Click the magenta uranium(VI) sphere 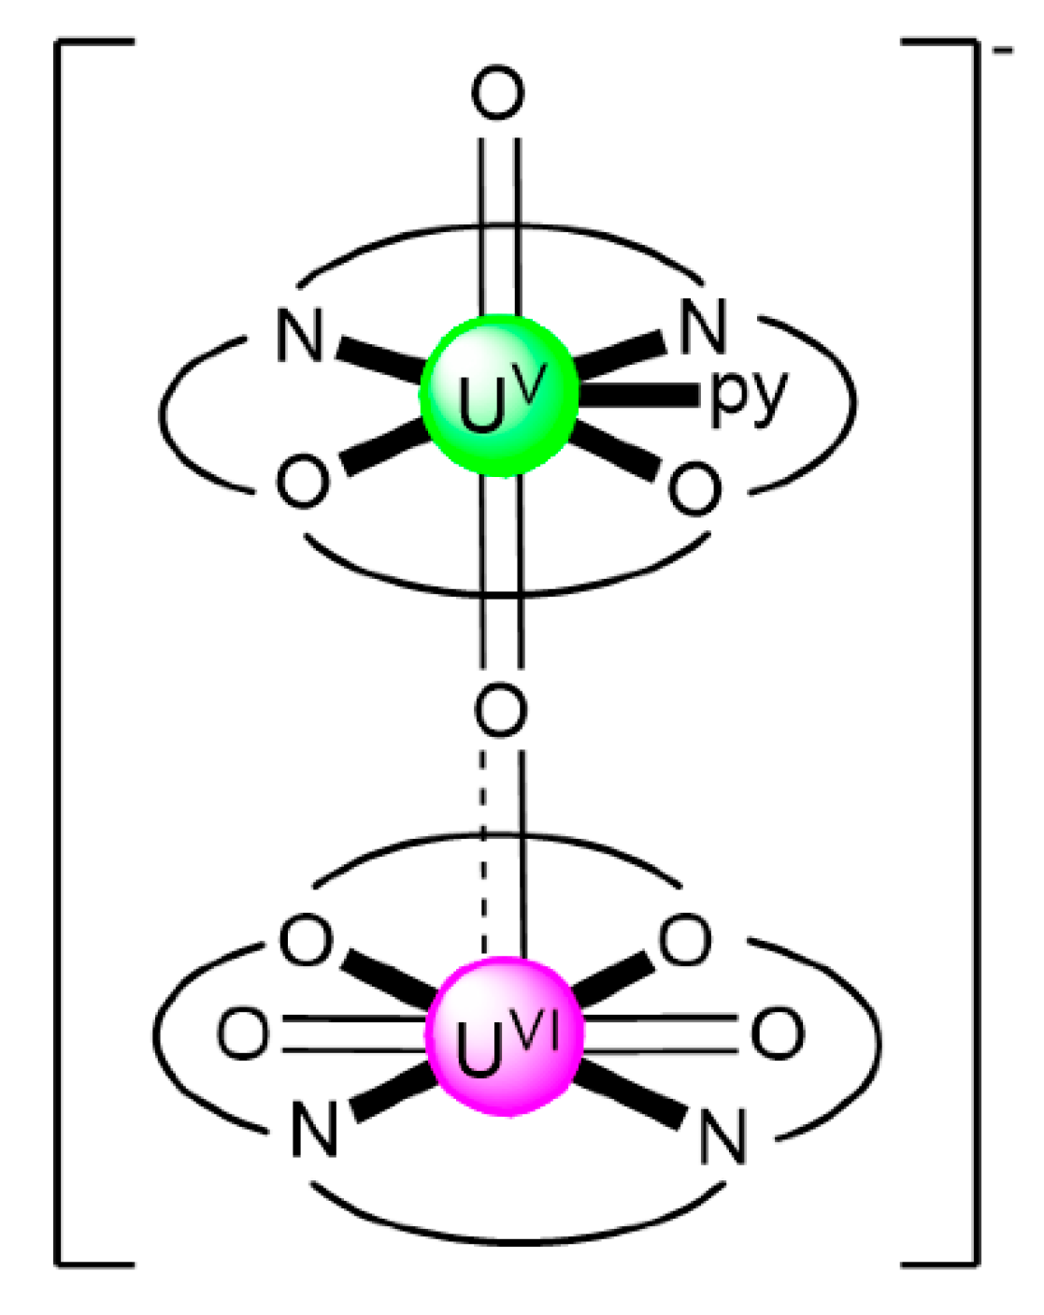tap(505, 1036)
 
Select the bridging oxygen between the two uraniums tap(500, 710)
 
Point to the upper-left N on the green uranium tap(300, 336)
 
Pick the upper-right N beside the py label tap(703, 327)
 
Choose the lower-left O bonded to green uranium tap(303, 483)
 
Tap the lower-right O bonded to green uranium tap(695, 488)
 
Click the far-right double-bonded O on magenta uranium tap(777, 1033)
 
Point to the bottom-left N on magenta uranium tap(314, 1130)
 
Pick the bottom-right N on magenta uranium tap(723, 1137)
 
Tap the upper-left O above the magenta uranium tap(306, 940)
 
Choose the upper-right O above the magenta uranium tap(685, 940)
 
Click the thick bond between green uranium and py tap(640, 396)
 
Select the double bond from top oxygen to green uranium tap(499, 224)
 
